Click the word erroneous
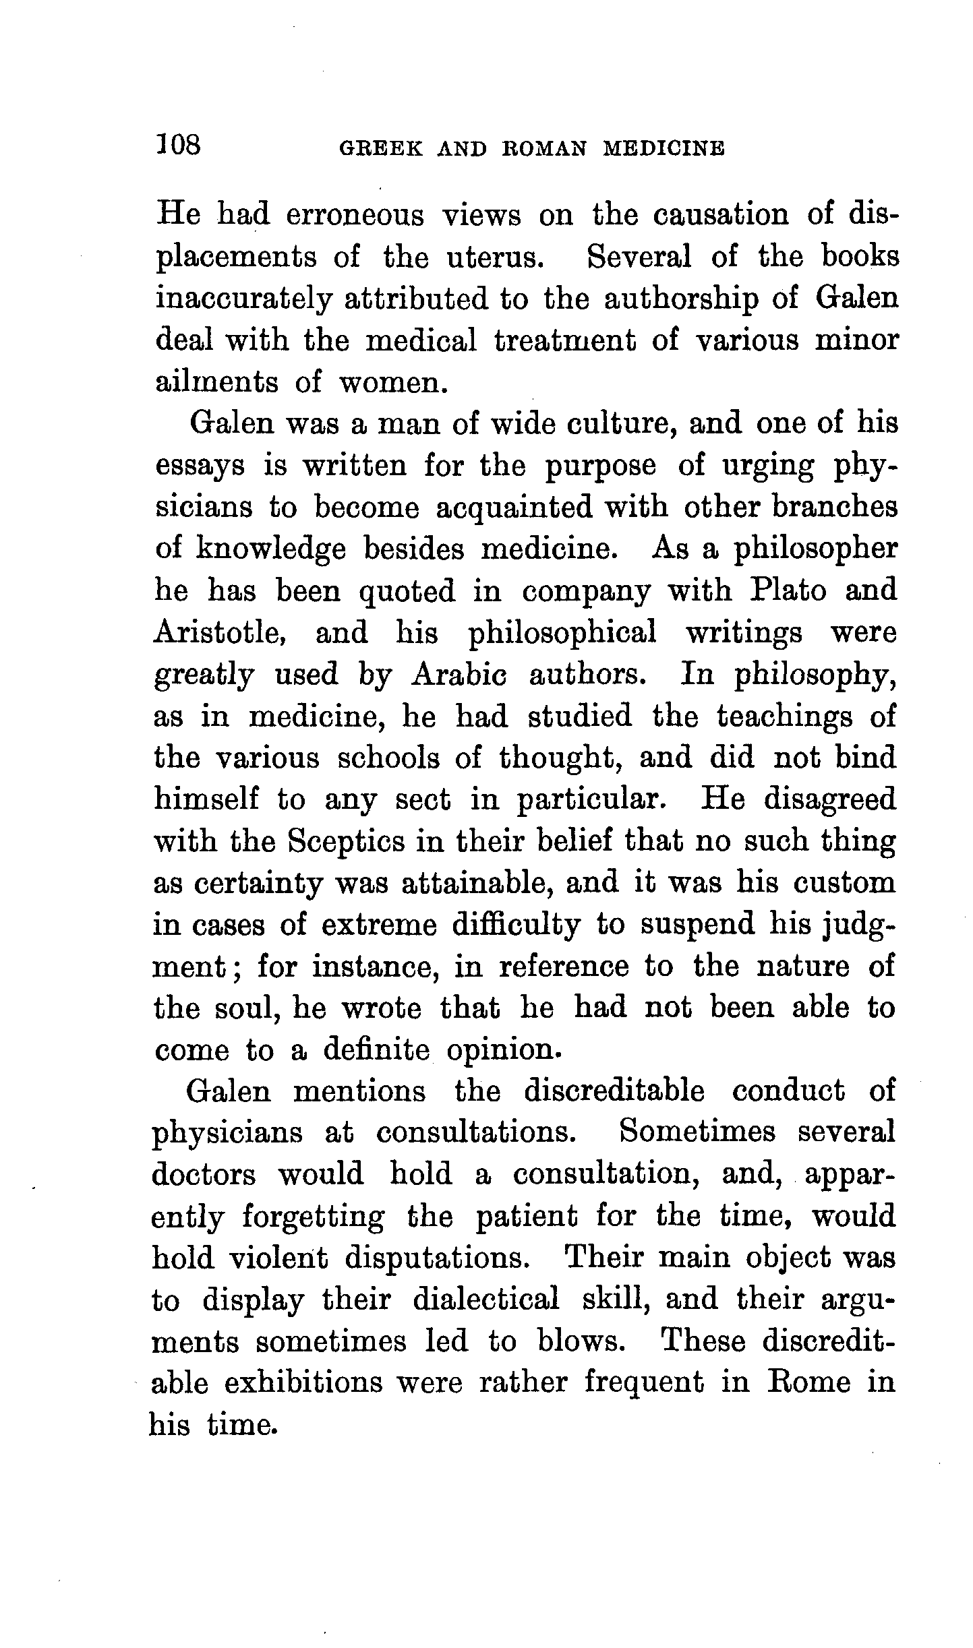tap(355, 216)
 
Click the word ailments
tap(216, 382)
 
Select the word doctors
tap(204, 1174)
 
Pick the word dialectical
tap(485, 1300)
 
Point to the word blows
tap(579, 1341)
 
